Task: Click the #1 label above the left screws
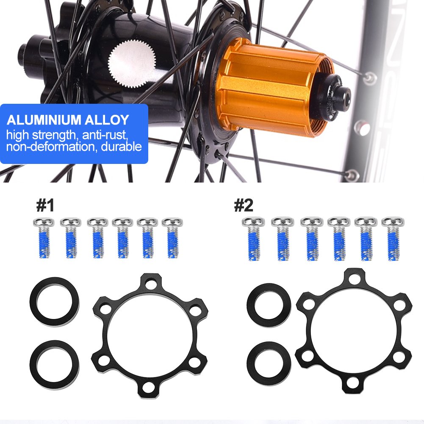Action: point(45,206)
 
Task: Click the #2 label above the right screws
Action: point(244,206)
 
